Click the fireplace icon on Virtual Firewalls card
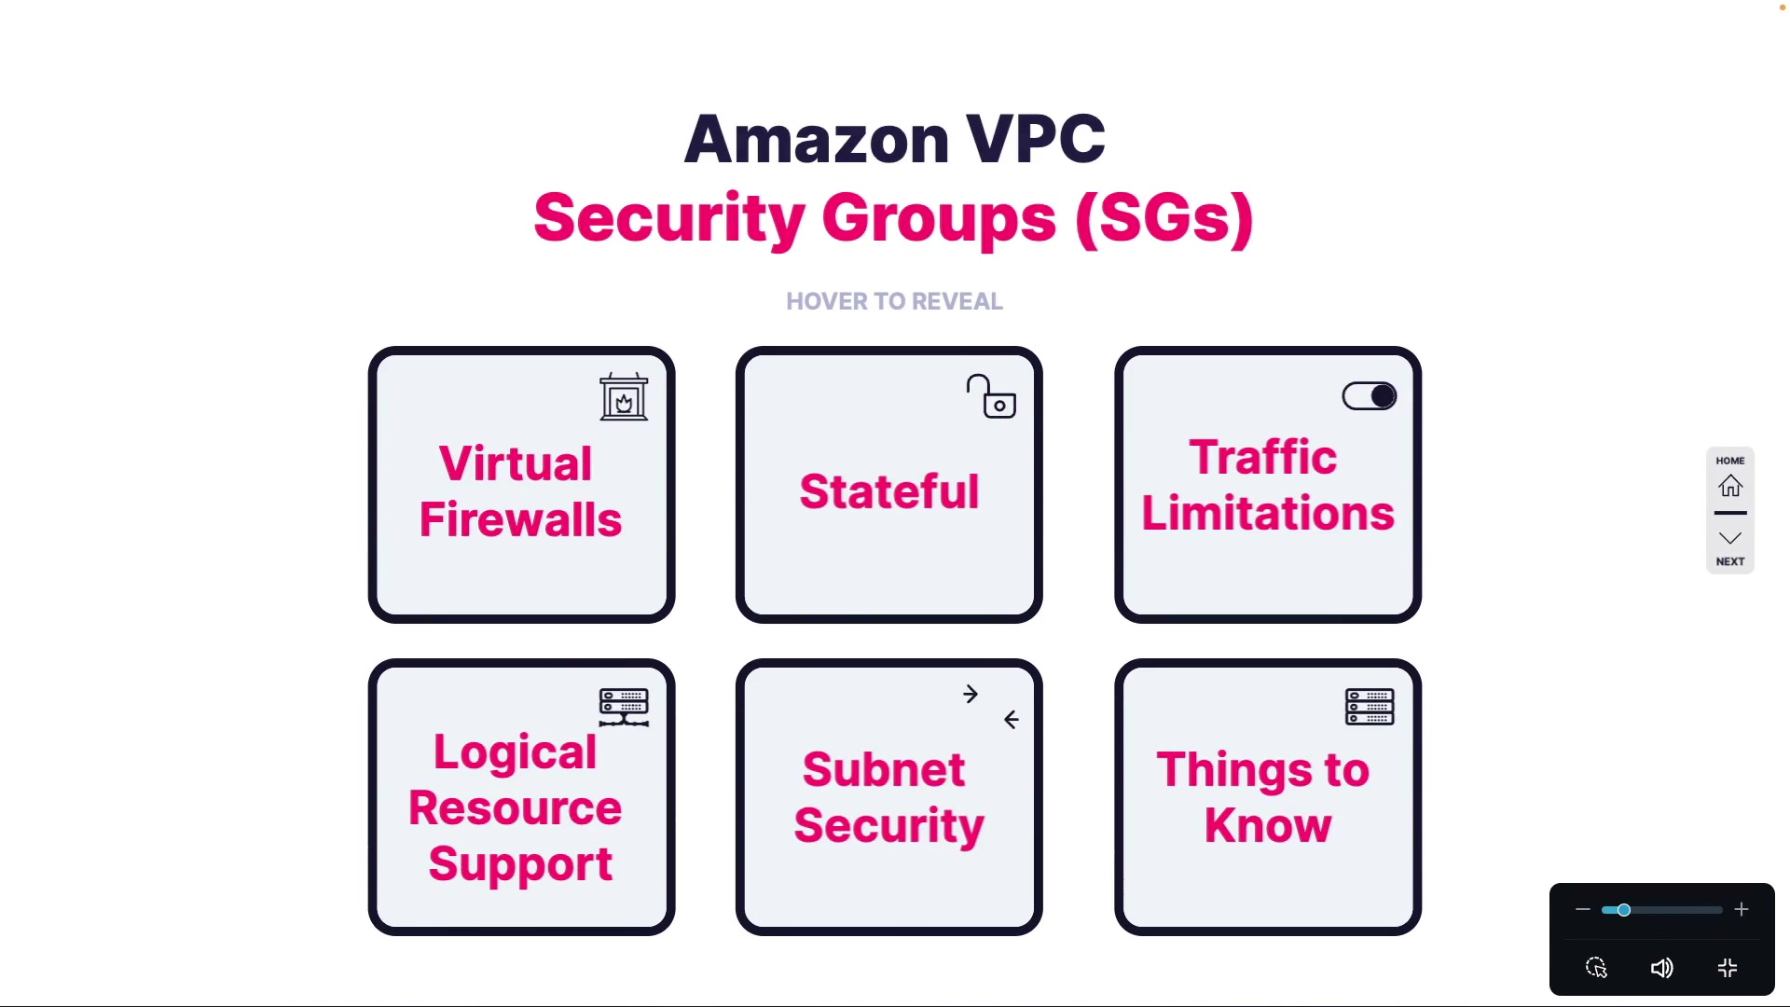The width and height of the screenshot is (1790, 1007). pos(624,398)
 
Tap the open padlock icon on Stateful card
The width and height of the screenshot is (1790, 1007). pos(991,397)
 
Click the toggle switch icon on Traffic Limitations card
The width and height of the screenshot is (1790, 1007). pos(1369,396)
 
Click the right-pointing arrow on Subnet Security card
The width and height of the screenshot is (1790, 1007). pos(971,695)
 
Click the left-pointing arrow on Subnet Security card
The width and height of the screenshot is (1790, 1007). pos(1012,720)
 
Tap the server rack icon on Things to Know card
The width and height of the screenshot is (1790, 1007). pos(1370,707)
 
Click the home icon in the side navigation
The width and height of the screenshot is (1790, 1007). pos(1730,486)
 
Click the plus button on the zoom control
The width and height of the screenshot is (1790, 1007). pos(1742,910)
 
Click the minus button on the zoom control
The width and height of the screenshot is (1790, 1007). pos(1582,910)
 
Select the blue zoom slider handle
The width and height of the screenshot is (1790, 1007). pos(1624,910)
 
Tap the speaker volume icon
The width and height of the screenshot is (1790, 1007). pos(1661,969)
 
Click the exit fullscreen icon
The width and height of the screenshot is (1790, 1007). pos(1728,969)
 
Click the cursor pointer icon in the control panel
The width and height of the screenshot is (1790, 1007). pos(1597,968)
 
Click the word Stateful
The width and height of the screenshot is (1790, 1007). pos(889,491)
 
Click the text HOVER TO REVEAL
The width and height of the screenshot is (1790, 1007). pos(894,301)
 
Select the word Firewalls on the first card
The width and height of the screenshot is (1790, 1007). pos(520,519)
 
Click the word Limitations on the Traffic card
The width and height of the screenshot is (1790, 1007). pos(1268,514)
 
